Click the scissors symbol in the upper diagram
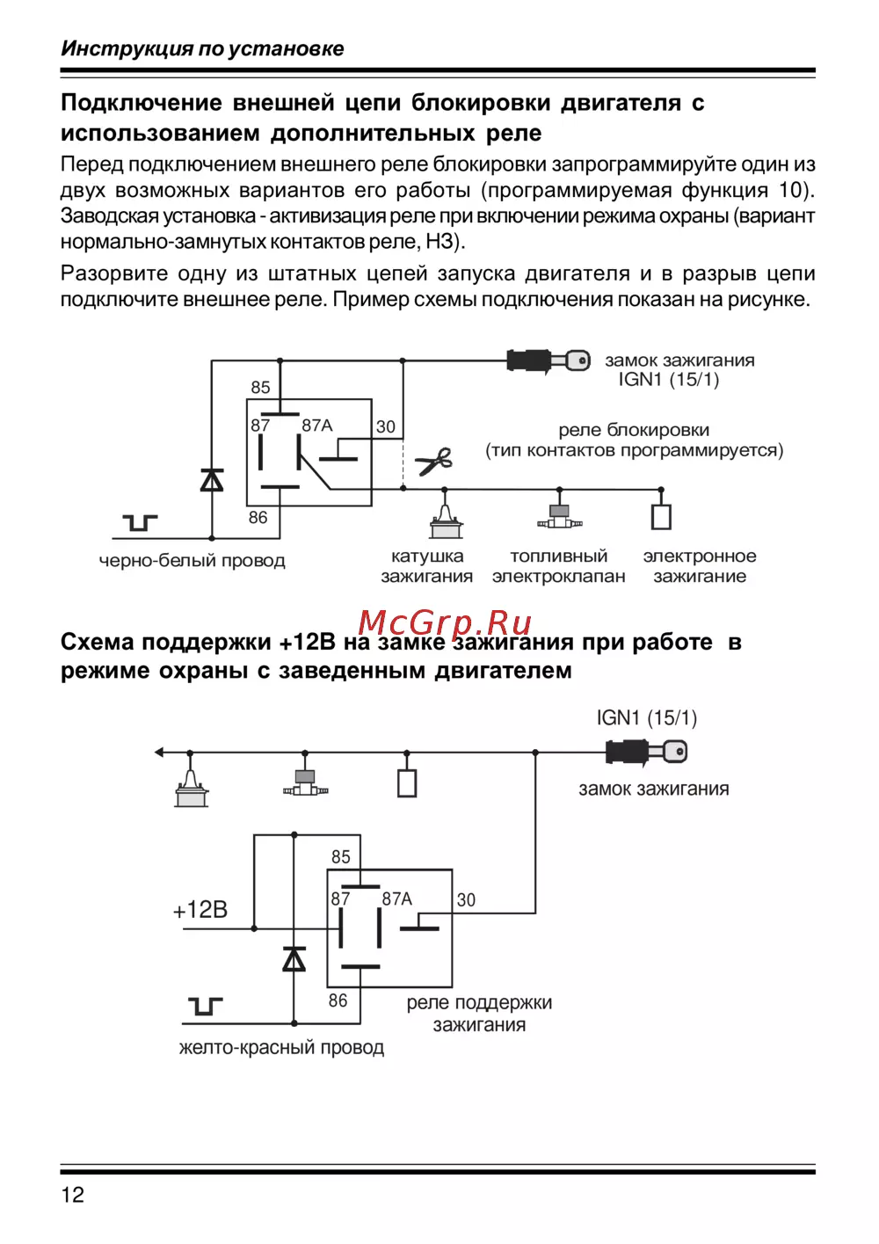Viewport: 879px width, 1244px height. pos(434,461)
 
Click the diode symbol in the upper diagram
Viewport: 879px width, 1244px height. pos(212,480)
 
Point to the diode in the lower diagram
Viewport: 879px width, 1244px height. pos(294,958)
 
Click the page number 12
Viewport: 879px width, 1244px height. pos(73,1194)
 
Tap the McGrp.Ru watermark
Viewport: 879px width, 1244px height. pos(445,622)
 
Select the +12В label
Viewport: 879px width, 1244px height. pos(200,910)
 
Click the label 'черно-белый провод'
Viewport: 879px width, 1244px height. pos(193,561)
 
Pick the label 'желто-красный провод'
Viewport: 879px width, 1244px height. pos(281,1048)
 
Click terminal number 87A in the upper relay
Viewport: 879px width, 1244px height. pos(317,426)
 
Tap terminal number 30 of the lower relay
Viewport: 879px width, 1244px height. pos(466,899)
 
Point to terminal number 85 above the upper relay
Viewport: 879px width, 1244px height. pos(260,388)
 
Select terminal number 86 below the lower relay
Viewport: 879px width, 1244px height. pos(338,1000)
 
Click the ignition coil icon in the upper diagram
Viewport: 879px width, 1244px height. pos(446,520)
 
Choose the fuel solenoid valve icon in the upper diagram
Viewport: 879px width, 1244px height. pos(559,517)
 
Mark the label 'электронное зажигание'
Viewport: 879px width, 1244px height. pos(700,566)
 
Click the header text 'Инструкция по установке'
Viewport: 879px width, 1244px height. pos(202,49)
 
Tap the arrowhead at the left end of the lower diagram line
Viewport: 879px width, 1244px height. pos(159,753)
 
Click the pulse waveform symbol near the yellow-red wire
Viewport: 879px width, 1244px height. pos(205,1006)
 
